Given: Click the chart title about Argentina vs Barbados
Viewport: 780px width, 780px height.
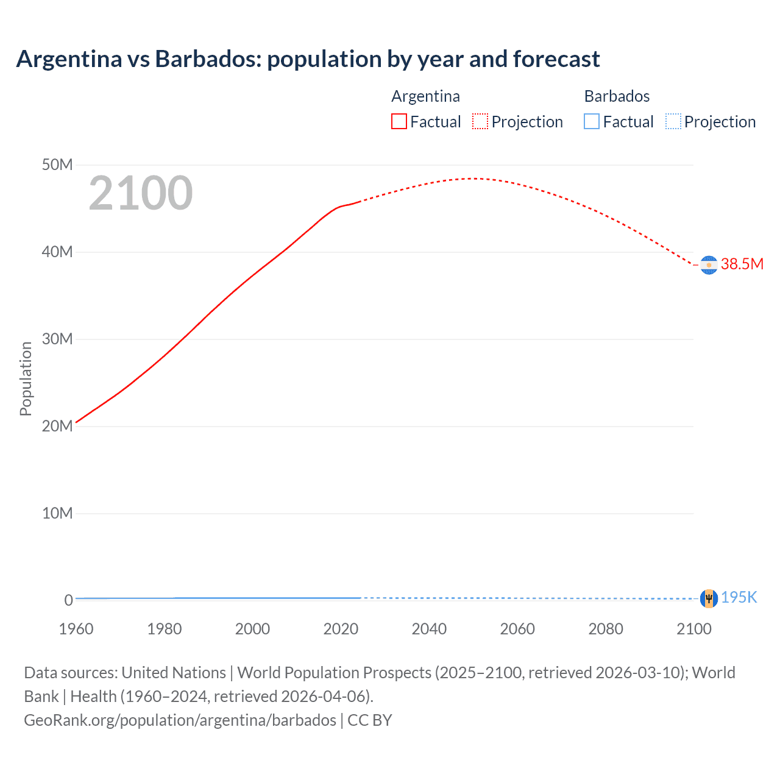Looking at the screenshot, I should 308,59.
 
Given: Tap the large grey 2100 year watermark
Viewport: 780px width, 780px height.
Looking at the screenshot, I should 141,193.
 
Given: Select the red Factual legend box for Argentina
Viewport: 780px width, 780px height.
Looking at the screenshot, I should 399,121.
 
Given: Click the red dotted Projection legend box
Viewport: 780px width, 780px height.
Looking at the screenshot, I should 480,121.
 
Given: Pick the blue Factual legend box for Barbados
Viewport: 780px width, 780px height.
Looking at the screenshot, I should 592,121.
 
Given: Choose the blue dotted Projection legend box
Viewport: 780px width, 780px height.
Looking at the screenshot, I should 673,121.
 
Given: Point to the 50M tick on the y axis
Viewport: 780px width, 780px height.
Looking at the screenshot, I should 57,165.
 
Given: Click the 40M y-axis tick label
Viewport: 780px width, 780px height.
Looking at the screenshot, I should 57,252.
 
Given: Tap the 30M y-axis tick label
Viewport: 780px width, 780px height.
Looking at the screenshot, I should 57,339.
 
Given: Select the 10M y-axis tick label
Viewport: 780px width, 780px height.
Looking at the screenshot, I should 57,513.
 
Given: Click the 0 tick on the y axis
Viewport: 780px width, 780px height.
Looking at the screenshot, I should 69,600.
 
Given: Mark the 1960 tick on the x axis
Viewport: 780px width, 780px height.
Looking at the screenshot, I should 76,629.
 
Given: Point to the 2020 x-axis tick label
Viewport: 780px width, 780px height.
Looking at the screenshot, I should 341,629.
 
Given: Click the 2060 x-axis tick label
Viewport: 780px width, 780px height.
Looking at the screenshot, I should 517,629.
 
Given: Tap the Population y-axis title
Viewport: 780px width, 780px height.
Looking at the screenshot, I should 26,378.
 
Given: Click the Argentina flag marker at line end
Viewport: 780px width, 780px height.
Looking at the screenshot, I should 709,265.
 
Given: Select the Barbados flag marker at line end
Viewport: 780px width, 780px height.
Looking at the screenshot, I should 709,598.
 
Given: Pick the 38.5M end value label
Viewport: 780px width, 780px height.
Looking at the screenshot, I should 742,264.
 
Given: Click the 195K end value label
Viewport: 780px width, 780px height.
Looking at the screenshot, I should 739,598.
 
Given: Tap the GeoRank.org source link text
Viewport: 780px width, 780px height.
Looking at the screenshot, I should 180,720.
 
